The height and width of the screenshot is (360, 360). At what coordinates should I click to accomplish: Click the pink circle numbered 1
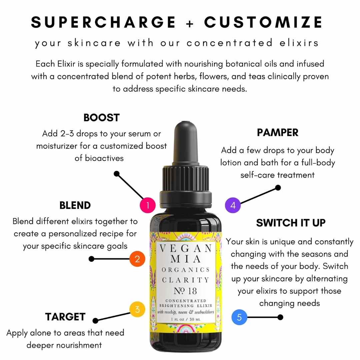click(x=148, y=205)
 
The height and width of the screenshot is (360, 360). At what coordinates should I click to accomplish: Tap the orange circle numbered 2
click(x=137, y=259)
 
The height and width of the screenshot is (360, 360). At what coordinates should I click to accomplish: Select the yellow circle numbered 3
click(x=137, y=309)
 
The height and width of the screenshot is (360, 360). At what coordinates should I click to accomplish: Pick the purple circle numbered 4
click(x=233, y=205)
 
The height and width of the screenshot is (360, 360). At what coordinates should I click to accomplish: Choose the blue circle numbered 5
click(x=239, y=317)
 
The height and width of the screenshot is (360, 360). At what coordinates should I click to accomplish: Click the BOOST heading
click(x=101, y=118)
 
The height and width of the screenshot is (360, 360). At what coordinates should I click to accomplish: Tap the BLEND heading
click(x=75, y=205)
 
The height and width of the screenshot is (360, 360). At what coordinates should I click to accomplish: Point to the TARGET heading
click(x=65, y=317)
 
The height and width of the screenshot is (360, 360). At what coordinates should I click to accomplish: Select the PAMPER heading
click(x=278, y=132)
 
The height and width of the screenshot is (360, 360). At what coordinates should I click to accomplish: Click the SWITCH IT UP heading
click(x=291, y=223)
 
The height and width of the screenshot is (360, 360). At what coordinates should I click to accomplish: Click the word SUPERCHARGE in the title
click(x=103, y=22)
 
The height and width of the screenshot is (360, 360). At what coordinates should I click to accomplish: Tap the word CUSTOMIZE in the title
click(x=263, y=22)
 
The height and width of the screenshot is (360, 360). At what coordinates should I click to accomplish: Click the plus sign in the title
click(x=190, y=23)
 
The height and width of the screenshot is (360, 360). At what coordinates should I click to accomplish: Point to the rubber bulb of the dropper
click(x=186, y=142)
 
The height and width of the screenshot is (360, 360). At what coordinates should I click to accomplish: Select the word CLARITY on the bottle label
click(x=186, y=280)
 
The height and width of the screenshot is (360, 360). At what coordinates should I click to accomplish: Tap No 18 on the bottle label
click(x=185, y=291)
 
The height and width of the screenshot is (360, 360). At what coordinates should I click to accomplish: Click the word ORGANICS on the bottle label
click(x=186, y=270)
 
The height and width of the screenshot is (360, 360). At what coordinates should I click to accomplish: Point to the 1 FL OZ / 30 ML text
click(x=186, y=319)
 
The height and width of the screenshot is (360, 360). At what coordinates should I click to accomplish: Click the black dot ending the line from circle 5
click(x=280, y=317)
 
